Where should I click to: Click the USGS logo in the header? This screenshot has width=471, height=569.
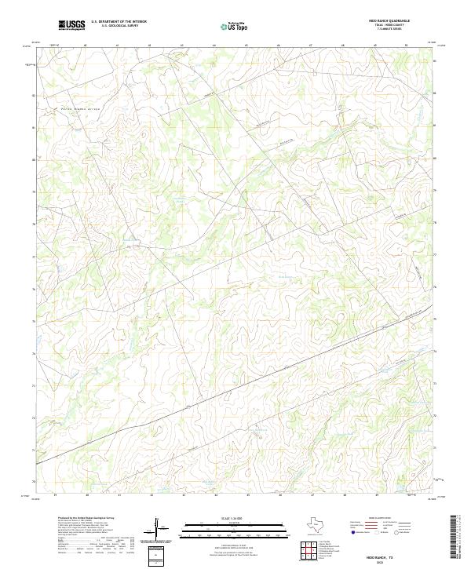(x=71, y=26)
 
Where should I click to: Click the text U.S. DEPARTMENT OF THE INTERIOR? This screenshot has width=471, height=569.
(x=119, y=23)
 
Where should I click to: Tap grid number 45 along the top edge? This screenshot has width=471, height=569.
(x=247, y=45)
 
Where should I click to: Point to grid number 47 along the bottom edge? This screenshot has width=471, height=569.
(x=312, y=495)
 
